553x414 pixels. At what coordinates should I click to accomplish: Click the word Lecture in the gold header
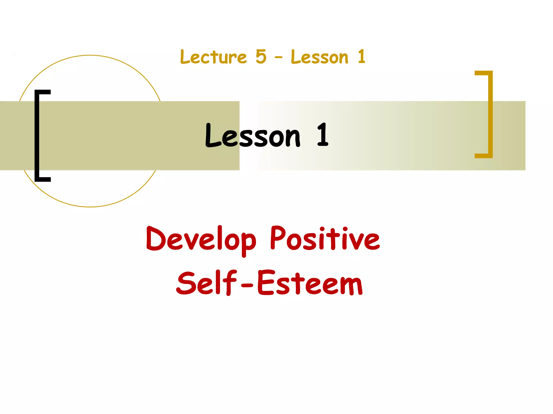[x=213, y=57]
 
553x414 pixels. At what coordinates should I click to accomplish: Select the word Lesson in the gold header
[x=320, y=57]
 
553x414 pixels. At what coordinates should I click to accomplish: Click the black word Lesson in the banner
[x=252, y=136]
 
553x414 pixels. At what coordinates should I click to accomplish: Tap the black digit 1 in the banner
[x=322, y=135]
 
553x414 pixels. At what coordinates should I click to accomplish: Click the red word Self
[x=206, y=283]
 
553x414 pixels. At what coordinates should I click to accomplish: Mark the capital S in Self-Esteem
[x=185, y=283]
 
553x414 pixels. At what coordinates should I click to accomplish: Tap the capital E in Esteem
[x=266, y=283]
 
